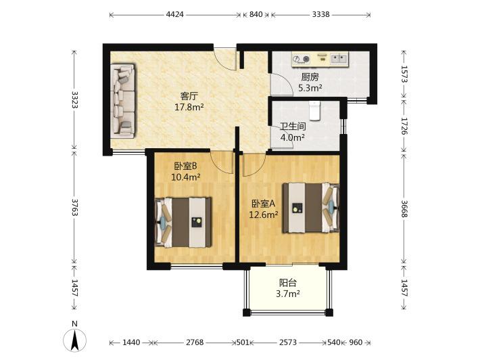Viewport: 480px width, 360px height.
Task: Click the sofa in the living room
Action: pyautogui.click(x=122, y=101)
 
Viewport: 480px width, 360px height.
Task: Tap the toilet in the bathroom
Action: pyautogui.click(x=314, y=111)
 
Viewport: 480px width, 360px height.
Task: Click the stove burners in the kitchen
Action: pyautogui.click(x=301, y=59)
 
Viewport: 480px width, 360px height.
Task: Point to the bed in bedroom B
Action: pyautogui.click(x=183, y=222)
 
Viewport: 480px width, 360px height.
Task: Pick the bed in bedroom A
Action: pyautogui.click(x=311, y=208)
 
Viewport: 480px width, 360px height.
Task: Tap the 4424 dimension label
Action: pyautogui.click(x=174, y=14)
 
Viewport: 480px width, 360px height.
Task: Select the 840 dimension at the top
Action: pyautogui.click(x=256, y=14)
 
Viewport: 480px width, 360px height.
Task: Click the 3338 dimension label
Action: pyautogui.click(x=321, y=14)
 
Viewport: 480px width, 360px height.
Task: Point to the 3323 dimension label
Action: pyautogui.click(x=74, y=99)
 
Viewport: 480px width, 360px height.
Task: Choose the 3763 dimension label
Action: pyautogui.click(x=74, y=207)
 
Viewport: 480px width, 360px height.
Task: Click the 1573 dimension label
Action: pyautogui.click(x=404, y=74)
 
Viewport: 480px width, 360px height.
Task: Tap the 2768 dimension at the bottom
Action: pyautogui.click(x=195, y=342)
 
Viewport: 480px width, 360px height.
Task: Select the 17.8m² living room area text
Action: pyautogui.click(x=189, y=107)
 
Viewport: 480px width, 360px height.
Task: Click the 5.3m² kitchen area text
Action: pyautogui.click(x=310, y=88)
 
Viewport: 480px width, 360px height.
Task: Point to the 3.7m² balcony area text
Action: pyautogui.click(x=288, y=294)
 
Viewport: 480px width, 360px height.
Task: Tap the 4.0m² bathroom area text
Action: pyautogui.click(x=293, y=137)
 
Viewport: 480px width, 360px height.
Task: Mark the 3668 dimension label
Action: pyautogui.click(x=404, y=208)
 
